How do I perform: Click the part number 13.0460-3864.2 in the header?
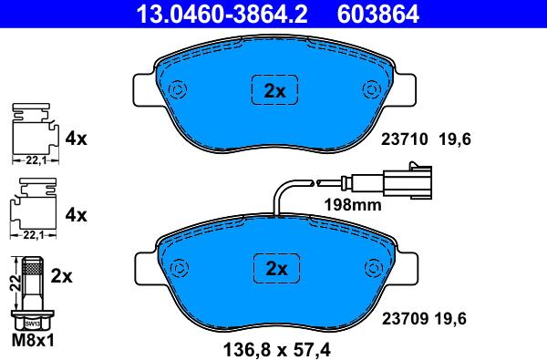pos(222,14)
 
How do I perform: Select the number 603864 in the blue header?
pos(377,14)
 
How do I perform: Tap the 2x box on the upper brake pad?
pos(275,89)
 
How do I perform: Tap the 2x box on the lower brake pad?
pos(276,269)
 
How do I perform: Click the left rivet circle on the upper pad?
pos(177,89)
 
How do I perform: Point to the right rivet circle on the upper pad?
pos(372,89)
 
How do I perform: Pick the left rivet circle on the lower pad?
pos(180,268)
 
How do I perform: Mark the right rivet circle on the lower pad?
pos(374,268)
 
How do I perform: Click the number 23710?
pos(404,139)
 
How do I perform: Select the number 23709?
pos(406,318)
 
